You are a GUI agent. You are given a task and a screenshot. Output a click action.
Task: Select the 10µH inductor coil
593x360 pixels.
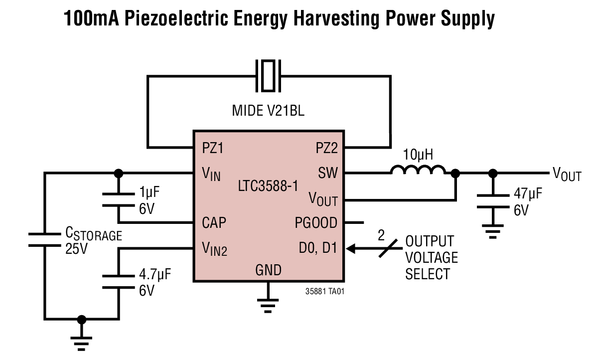418,171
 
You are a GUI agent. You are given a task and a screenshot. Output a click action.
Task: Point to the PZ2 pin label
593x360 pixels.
326,148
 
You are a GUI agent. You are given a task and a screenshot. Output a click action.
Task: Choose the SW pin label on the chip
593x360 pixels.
328,173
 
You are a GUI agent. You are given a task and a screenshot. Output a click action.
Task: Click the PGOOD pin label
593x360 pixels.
316,222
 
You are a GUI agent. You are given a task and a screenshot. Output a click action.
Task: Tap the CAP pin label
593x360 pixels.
214,222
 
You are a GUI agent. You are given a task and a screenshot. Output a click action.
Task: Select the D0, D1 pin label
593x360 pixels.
317,247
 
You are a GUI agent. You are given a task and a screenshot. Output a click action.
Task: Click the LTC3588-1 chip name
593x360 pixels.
269,187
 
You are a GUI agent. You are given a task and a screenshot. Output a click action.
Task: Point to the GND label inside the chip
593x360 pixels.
268,270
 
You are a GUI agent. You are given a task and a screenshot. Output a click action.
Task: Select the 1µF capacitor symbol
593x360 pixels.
119,200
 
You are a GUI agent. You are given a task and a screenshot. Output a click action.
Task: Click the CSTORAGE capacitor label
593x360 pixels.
93,234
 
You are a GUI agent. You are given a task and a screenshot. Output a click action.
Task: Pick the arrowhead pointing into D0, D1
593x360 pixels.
351,247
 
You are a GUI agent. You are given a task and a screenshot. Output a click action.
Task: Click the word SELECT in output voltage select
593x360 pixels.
428,274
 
